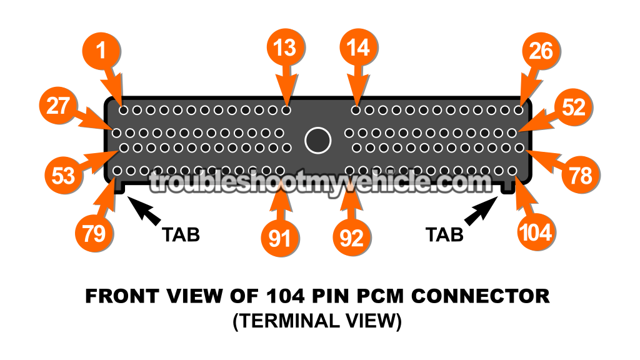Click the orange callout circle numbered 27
pyautogui.click(x=58, y=106)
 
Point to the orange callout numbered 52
pyautogui.click(x=573, y=107)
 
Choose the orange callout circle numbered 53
pyautogui.click(x=62, y=176)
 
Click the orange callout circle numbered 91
pyautogui.click(x=280, y=238)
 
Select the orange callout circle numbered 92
pyautogui.click(x=352, y=238)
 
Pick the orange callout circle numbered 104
pyautogui.click(x=536, y=232)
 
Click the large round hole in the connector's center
pyautogui.click(x=317, y=140)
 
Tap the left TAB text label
pyautogui.click(x=181, y=234)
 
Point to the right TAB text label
pyautogui.click(x=444, y=234)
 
